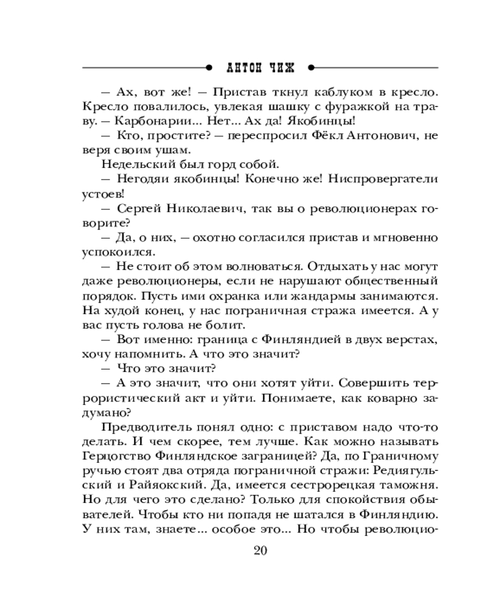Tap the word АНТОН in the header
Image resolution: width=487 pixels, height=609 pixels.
coord(239,66)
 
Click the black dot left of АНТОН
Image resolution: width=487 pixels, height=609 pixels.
coord(210,66)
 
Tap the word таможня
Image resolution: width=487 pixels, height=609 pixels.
coord(409,485)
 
